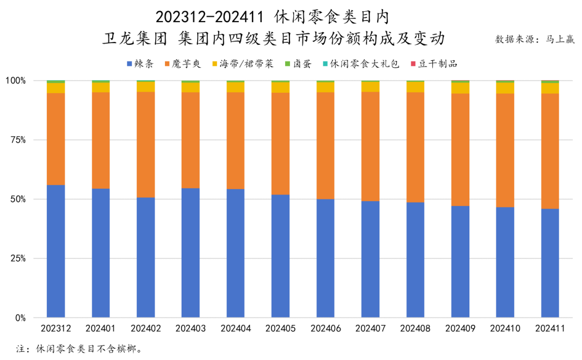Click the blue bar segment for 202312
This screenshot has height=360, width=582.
(56, 251)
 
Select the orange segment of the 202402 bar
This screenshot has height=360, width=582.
(145, 144)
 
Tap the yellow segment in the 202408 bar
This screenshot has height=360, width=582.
(415, 87)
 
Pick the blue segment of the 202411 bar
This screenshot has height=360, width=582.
(550, 263)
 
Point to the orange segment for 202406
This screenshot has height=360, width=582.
(325, 146)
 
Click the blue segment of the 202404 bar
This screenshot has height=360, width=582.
(235, 253)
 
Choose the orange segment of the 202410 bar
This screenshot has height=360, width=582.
(505, 150)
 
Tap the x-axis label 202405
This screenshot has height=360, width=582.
(281, 328)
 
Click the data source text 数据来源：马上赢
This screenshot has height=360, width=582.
(535, 39)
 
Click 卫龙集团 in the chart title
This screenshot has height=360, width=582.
(135, 39)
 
